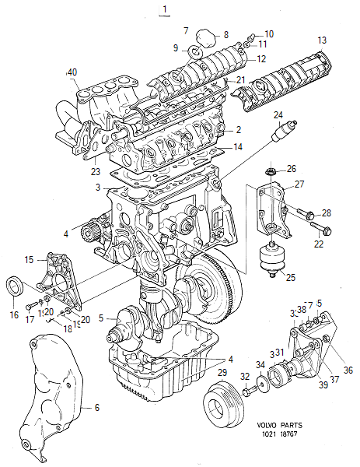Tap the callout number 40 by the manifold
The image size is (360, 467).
point(72,72)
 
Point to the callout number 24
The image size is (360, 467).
point(278,115)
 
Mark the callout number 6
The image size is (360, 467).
point(97,408)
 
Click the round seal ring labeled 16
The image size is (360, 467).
point(15,286)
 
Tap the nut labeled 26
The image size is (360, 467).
point(271,170)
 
